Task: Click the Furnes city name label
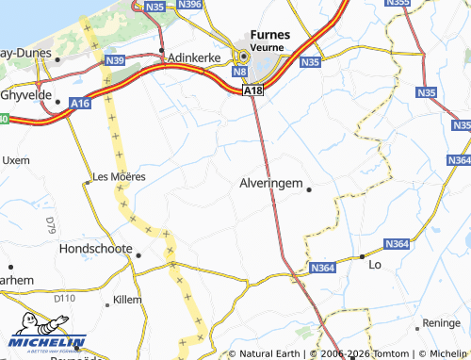click(270, 35)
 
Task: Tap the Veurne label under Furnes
click(270, 47)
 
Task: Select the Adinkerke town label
click(193, 57)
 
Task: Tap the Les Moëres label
click(119, 176)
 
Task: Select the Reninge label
click(442, 322)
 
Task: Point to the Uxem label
click(17, 161)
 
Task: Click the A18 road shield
click(252, 90)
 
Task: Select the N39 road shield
click(116, 60)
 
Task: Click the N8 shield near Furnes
click(239, 71)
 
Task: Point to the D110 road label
click(64, 299)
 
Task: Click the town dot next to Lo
click(362, 256)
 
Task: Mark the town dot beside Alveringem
click(309, 189)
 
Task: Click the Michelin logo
click(47, 343)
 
